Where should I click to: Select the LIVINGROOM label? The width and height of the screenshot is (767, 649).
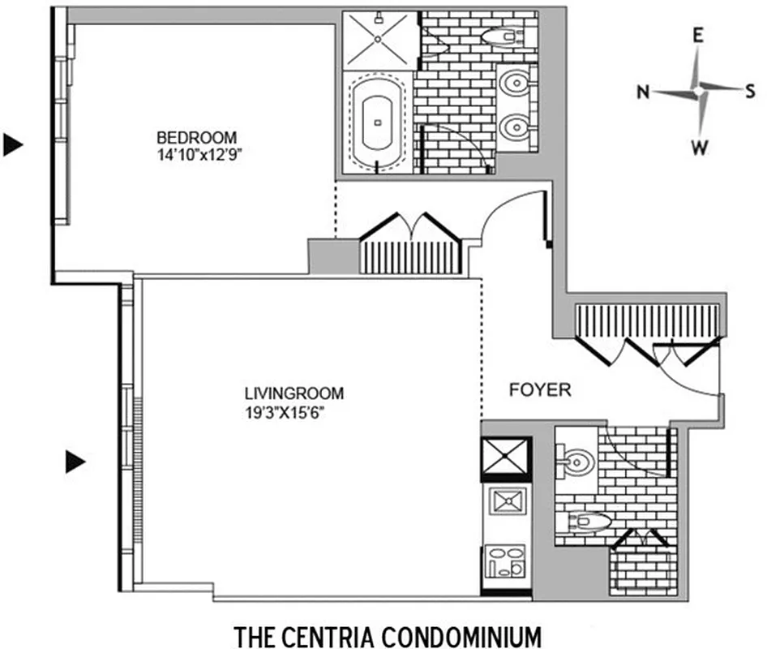(x=294, y=393)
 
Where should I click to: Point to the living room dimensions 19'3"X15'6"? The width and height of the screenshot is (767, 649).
(x=290, y=410)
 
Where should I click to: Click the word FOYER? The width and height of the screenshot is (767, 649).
(x=540, y=390)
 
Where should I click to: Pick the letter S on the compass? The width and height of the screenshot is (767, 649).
(x=750, y=91)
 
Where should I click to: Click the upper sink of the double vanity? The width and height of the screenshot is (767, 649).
(x=514, y=83)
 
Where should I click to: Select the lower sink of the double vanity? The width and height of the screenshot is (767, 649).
(x=514, y=127)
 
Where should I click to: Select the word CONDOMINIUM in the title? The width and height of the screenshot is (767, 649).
(x=455, y=632)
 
